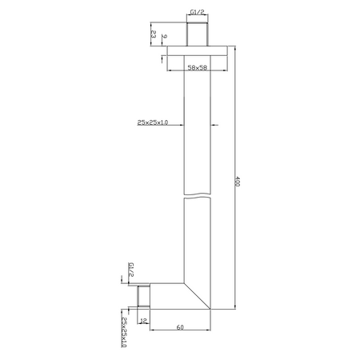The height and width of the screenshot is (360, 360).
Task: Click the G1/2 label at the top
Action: click(x=198, y=12)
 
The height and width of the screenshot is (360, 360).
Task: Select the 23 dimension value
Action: click(x=154, y=34)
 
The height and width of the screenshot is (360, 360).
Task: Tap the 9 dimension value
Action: click(x=164, y=36)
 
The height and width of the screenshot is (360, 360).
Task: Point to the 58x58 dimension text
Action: click(x=198, y=67)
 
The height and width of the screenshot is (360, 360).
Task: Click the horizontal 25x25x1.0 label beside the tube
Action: click(x=153, y=122)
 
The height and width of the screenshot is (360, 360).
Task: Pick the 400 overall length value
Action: click(x=238, y=181)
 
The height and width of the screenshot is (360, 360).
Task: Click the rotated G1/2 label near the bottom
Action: click(x=131, y=270)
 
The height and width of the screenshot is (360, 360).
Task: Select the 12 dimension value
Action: click(x=143, y=321)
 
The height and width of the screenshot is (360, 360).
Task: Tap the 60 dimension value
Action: click(x=180, y=327)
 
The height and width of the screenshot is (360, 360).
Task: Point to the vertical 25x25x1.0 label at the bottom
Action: click(x=124, y=332)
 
